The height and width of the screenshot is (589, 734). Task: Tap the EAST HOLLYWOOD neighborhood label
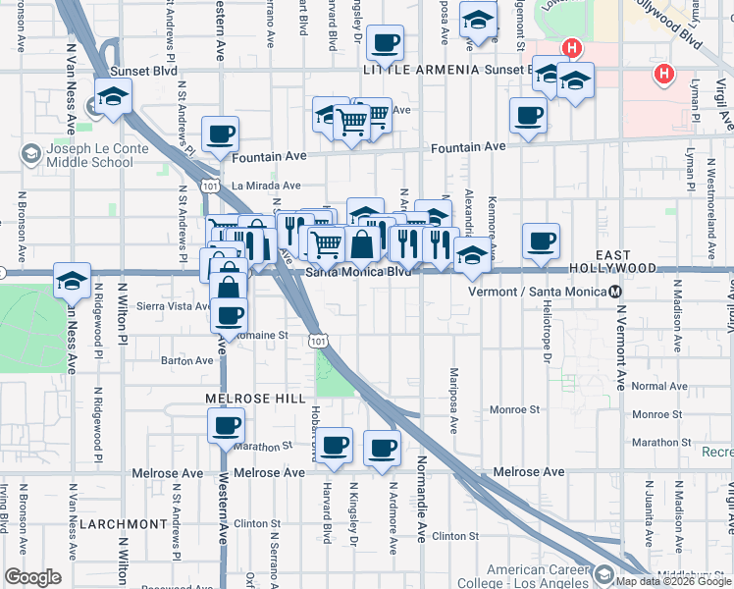pos(626,261)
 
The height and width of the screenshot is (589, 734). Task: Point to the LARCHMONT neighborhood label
pos(116,524)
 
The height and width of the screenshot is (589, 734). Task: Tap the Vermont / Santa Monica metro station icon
pos(614,292)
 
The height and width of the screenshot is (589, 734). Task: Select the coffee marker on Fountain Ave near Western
pos(220,135)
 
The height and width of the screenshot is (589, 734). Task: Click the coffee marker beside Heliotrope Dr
pos(541,241)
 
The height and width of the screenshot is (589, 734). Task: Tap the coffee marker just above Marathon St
pos(227,426)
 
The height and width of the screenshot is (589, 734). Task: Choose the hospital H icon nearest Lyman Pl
pos(665,74)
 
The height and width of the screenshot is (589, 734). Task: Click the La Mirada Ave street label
pos(266,186)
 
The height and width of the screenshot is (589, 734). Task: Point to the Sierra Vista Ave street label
pos(174,305)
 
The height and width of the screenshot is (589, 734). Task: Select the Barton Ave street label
pos(187,360)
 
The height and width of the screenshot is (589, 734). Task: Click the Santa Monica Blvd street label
pos(357,272)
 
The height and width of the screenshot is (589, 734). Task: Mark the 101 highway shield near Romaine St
pos(316,340)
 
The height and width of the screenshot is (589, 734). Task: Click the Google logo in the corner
pos(32,577)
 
